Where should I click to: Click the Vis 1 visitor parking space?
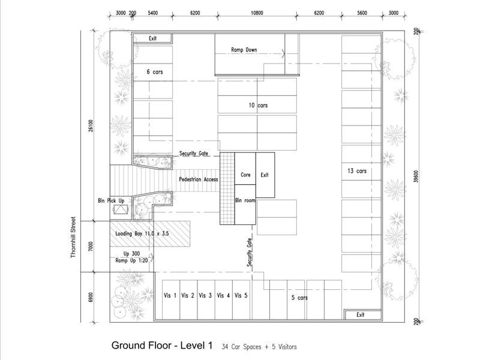(171, 299)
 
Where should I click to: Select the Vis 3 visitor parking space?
(206, 299)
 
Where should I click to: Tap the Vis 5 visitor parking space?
(241, 299)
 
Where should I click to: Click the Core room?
(245, 169)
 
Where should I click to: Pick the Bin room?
(245, 205)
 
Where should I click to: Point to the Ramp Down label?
(244, 50)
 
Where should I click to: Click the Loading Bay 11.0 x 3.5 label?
(142, 233)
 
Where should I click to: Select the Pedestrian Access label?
(199, 179)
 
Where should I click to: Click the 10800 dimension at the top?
(257, 13)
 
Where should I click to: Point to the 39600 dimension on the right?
(415, 176)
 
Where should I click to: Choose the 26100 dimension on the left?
(91, 125)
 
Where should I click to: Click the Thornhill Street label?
(73, 237)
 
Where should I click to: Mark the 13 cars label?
(357, 171)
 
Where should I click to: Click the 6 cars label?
(155, 72)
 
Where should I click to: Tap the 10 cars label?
(258, 106)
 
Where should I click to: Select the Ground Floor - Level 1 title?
(162, 346)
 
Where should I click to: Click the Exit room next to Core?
(265, 175)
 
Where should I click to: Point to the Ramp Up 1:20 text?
(131, 260)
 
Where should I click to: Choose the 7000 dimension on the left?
(91, 246)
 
